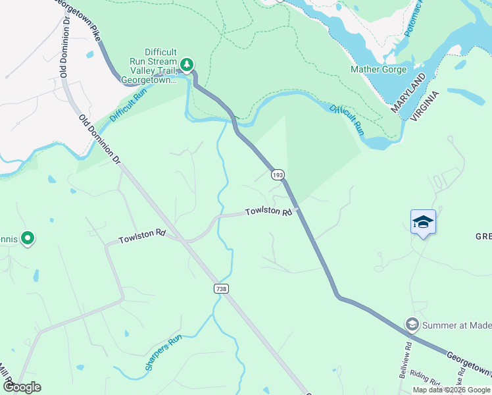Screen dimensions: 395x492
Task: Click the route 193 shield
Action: coord(278,174)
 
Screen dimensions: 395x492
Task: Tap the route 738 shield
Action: coord(221,288)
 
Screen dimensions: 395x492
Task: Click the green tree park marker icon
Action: coord(187,64)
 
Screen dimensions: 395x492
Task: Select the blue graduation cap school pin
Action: coord(423,223)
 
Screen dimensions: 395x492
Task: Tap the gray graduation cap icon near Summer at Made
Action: coord(412,324)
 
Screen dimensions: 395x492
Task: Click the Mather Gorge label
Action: coord(378,69)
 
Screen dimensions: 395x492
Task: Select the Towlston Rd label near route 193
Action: coord(268,212)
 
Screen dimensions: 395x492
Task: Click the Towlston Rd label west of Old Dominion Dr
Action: coord(141,236)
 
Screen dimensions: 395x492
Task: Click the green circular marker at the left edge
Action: coord(28,238)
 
